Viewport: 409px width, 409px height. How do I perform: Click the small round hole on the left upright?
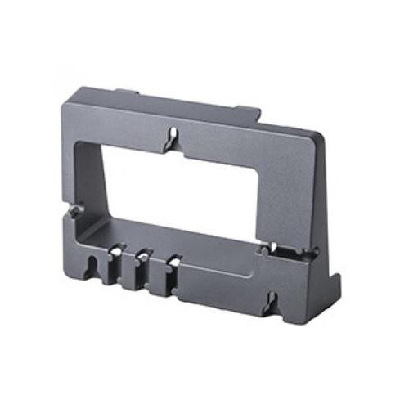(x=75, y=212)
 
